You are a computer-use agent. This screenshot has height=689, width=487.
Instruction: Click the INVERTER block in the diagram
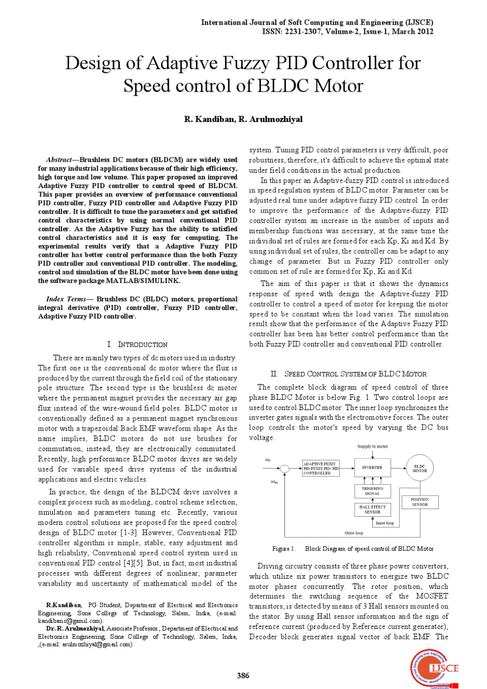372,468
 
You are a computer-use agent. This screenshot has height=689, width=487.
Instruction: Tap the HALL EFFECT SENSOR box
372,509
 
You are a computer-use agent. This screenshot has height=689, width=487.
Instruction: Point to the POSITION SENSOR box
419,502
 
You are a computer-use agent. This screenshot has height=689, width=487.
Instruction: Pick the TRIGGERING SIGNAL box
372,491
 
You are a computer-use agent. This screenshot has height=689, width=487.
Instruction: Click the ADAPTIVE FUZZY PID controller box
320,469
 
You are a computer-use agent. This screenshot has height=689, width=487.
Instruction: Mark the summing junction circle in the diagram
285,468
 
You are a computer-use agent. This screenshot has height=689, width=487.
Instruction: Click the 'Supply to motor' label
373,447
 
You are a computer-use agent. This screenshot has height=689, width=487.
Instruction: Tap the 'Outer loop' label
353,533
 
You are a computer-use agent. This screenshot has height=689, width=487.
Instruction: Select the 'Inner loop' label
384,523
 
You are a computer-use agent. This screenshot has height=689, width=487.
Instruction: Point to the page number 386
243,675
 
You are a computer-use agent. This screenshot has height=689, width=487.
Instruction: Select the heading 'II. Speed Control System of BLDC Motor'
349,374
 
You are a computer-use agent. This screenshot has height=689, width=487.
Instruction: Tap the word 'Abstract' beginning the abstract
59,160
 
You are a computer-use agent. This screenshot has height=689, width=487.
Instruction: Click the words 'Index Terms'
66,299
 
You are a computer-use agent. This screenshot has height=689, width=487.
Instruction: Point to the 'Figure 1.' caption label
283,549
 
